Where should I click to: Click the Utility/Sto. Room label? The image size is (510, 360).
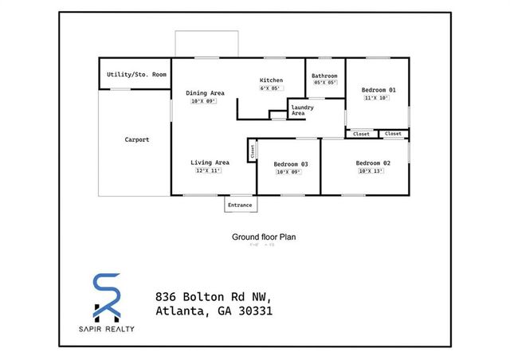(x=136, y=74)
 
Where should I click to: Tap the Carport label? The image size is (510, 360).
(x=136, y=139)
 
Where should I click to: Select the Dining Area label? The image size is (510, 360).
(x=205, y=93)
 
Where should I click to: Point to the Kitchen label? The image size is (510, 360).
(x=272, y=80)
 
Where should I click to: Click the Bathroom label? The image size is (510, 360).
(x=324, y=76)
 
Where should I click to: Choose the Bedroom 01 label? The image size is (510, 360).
(x=376, y=89)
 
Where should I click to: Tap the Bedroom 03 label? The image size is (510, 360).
(x=291, y=164)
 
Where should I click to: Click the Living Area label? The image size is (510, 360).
(x=210, y=162)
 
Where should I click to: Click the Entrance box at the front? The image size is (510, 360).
(x=240, y=205)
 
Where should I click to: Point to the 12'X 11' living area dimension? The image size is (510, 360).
(x=208, y=170)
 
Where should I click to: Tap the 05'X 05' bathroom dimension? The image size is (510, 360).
(x=325, y=83)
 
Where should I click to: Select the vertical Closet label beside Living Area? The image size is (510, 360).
(x=253, y=151)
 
